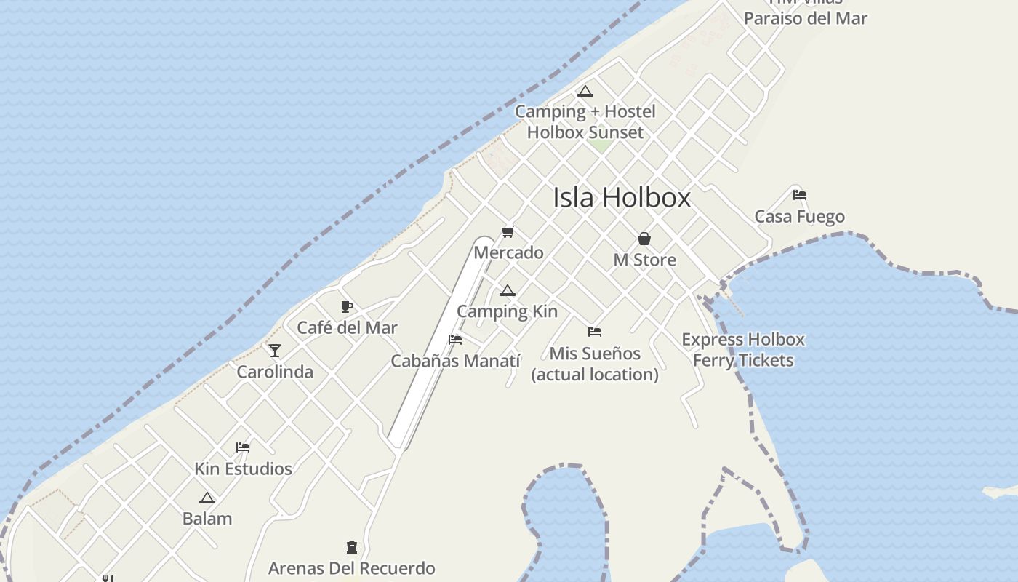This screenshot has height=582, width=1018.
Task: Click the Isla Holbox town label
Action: [622, 198]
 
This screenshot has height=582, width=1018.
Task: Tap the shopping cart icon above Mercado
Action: [508, 232]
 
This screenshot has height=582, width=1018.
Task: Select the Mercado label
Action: [508, 252]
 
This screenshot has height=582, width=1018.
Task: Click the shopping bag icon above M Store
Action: [644, 239]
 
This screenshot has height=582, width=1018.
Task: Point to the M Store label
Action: [644, 260]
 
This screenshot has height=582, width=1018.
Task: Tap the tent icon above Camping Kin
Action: [507, 291]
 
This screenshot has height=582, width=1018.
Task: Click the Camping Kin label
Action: [507, 311]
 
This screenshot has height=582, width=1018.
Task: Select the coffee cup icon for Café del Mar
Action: [347, 306]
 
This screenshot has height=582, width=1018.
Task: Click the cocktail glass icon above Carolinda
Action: [275, 351]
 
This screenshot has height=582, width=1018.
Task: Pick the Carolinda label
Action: [275, 372]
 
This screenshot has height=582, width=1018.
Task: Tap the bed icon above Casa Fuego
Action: [800, 195]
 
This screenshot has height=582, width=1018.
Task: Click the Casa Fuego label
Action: [799, 216]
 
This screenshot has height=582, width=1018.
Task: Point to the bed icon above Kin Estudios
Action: [243, 447]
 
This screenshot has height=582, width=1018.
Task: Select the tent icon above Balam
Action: [207, 498]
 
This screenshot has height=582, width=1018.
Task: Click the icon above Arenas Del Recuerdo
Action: [352, 547]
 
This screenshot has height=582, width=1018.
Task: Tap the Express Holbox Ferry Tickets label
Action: [743, 350]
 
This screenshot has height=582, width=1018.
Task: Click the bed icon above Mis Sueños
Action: [595, 332]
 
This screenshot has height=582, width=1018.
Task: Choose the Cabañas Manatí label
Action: [455, 361]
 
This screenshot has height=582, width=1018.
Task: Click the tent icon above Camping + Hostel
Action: [585, 92]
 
